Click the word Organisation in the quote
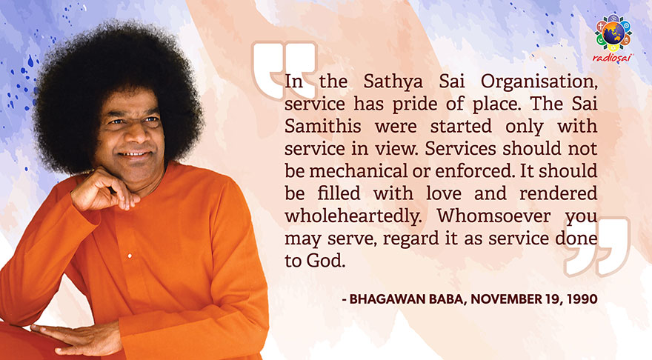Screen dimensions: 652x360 (539, 81)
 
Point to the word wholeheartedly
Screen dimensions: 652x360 (353, 216)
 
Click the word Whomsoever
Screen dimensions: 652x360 (493, 216)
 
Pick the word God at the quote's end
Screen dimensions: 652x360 (326, 261)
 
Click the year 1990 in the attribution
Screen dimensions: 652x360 (582, 299)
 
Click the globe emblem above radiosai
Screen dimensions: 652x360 (613, 33)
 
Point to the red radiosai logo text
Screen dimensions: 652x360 (613, 58)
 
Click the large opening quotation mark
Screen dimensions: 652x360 (285, 70)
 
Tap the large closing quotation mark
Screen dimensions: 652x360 (596, 246)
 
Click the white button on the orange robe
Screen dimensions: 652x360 (130, 256)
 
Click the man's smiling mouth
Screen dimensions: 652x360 (135, 155)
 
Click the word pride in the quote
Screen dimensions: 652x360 (416, 104)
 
